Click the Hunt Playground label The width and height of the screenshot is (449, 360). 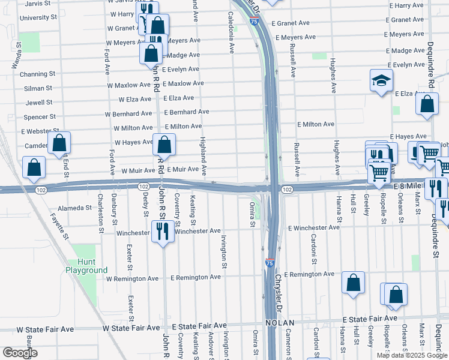[87, 266]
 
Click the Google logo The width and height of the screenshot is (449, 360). [20, 353]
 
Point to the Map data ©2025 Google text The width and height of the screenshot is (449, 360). [412, 355]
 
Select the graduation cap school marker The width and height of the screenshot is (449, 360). [381, 81]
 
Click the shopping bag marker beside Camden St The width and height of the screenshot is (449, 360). [59, 143]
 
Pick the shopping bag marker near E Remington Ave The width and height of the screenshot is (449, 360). [353, 283]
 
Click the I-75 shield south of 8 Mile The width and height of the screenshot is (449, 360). [270, 263]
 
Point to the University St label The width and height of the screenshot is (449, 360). [37, 18]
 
